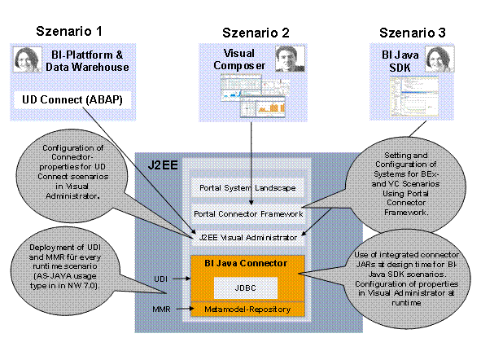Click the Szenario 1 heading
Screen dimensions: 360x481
[69, 32]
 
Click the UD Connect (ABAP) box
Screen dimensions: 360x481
[72, 100]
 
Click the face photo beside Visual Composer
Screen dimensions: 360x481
[282, 59]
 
